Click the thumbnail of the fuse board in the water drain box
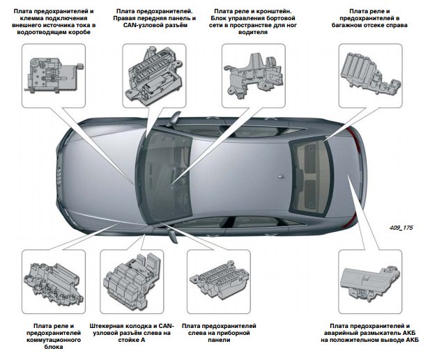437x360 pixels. click(54, 72)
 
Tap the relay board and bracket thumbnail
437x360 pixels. click(252, 72)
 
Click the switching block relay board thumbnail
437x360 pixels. click(54, 281)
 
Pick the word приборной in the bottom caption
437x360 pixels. click(235, 334)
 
